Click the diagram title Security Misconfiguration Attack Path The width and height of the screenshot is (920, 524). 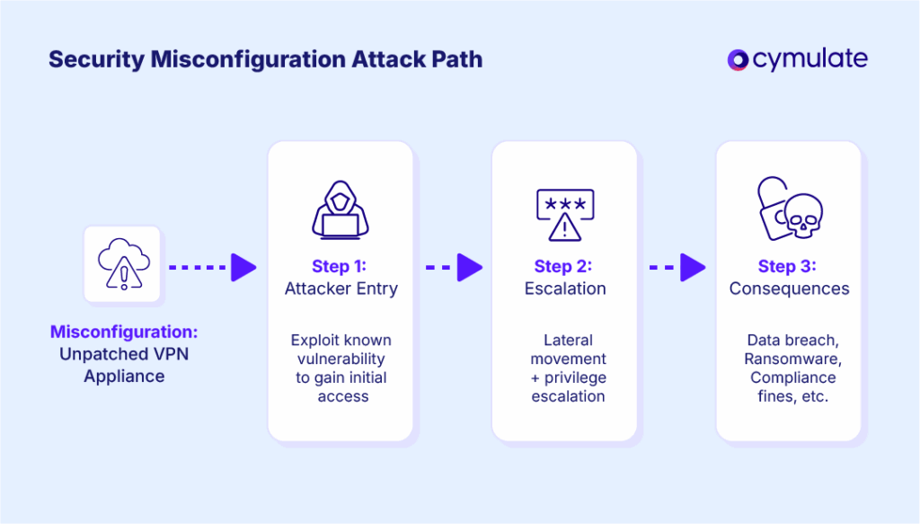point(265,60)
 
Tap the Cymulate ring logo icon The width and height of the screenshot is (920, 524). point(738,60)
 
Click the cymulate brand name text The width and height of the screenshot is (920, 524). point(810,60)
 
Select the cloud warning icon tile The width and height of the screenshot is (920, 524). point(122,264)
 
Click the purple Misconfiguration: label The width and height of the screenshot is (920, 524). point(124,332)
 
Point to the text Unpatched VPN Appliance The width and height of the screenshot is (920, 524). point(124,365)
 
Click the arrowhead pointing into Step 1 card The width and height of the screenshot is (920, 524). point(243,266)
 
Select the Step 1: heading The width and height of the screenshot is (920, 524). point(340,266)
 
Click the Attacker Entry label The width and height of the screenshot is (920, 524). point(341,289)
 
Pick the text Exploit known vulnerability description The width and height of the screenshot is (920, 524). point(341,369)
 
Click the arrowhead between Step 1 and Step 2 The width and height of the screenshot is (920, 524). point(469,266)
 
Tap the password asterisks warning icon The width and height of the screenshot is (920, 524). point(564,215)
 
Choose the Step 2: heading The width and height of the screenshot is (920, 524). point(564,266)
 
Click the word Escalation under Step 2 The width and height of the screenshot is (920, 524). point(565,289)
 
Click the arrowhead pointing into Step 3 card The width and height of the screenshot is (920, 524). point(693,266)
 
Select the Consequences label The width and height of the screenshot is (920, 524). point(789,289)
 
